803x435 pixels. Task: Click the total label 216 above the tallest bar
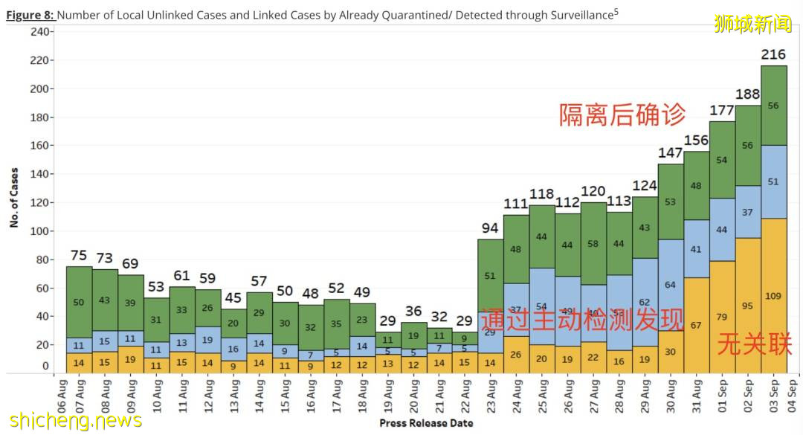tap(773, 55)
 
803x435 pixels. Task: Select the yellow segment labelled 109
tap(773, 296)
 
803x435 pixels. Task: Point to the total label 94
tap(490, 228)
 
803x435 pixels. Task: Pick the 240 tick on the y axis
tap(41, 32)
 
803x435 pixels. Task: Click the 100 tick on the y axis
tap(41, 231)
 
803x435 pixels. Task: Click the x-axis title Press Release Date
tap(425, 423)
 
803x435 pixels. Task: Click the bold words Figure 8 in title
tap(30, 15)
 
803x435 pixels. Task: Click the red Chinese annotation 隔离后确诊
tap(622, 115)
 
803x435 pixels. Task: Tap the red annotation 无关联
tap(754, 344)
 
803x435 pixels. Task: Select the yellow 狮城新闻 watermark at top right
tap(753, 23)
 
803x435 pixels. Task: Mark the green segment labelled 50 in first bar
tap(79, 302)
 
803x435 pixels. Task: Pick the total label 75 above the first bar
tap(79, 256)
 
